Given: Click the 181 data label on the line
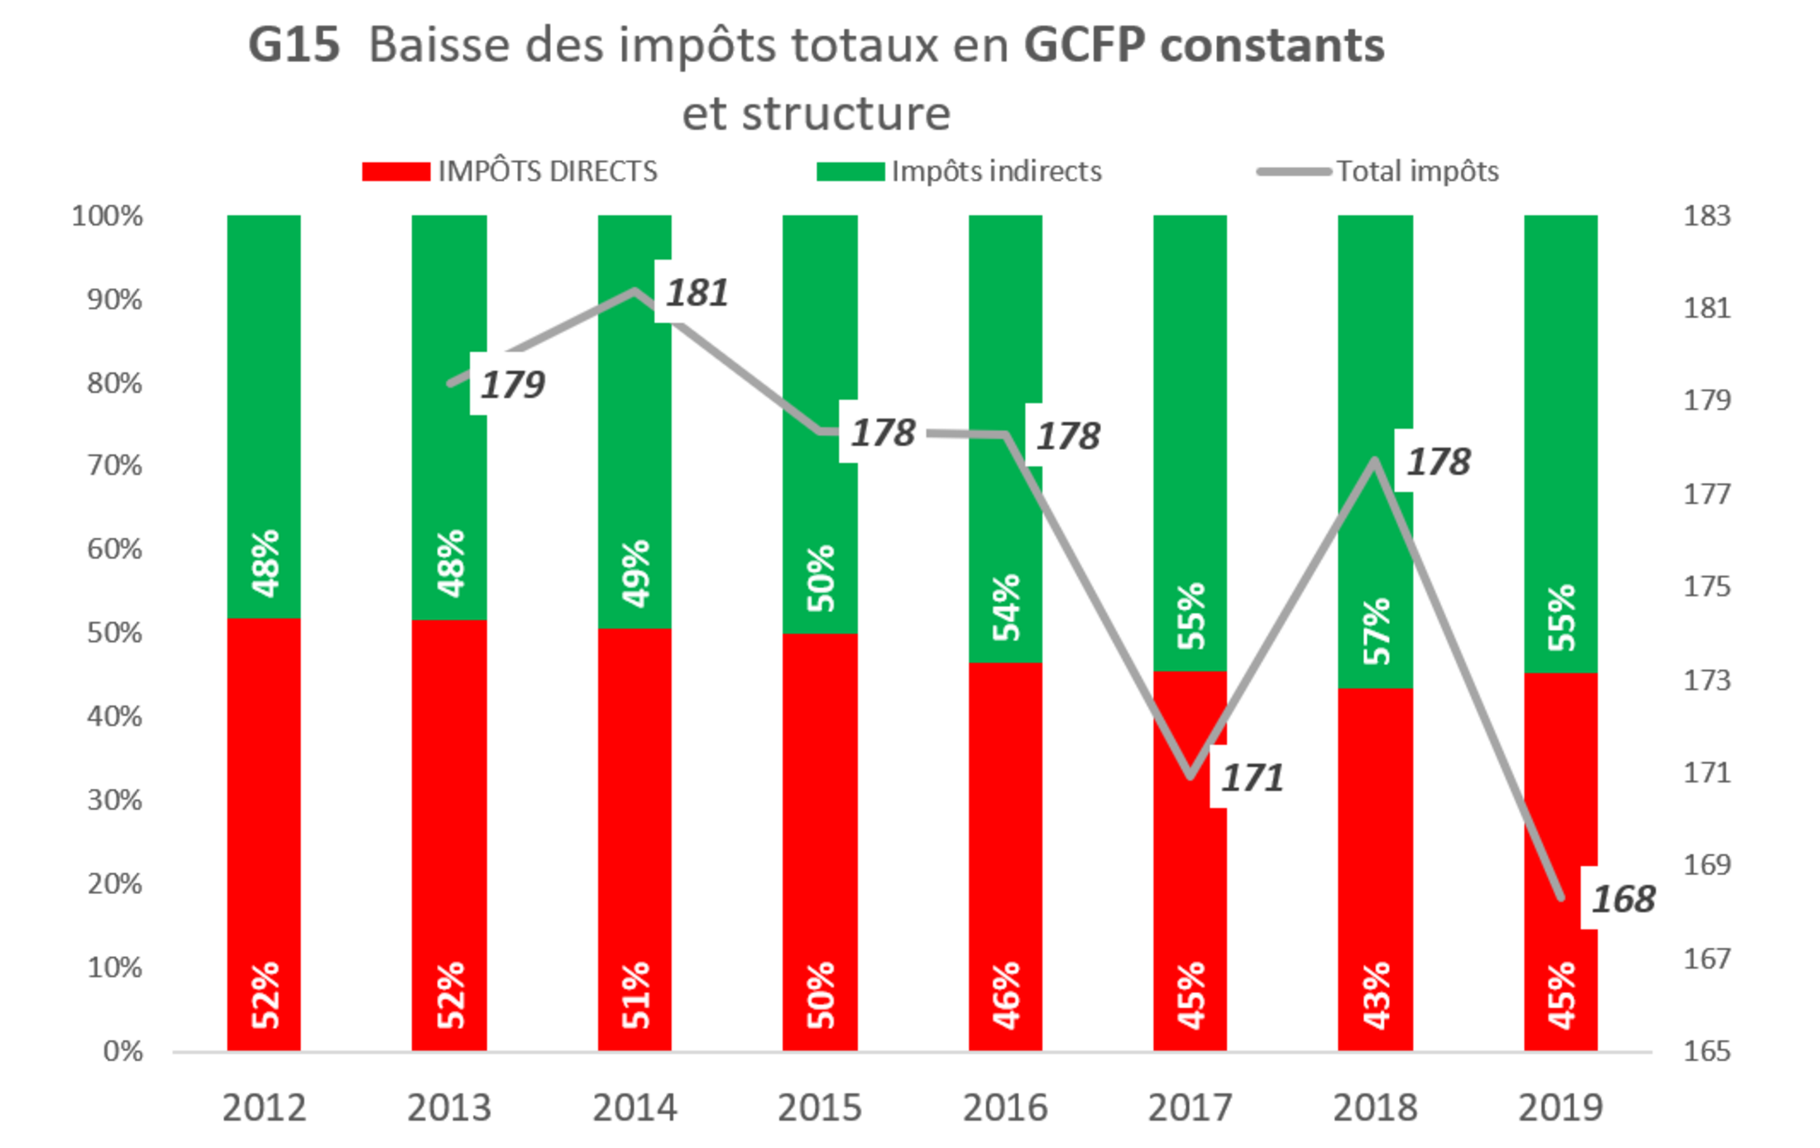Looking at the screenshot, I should (x=697, y=292).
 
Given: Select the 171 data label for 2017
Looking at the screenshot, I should (x=1252, y=777).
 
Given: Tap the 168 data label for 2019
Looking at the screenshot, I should (x=1623, y=898).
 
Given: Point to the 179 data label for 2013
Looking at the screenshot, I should (x=513, y=384).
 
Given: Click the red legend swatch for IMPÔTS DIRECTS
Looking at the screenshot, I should (x=396, y=171).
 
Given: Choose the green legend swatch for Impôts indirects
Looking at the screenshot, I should (x=850, y=171).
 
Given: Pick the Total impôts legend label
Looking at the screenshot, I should (x=1417, y=171).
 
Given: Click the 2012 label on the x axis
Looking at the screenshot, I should (x=264, y=1107).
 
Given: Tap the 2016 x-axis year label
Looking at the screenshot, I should (x=1005, y=1107).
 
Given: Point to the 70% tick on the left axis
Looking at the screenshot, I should (x=114, y=466).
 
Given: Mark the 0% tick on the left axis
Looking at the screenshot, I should (x=123, y=1051).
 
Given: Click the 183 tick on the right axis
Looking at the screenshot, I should (x=1707, y=216).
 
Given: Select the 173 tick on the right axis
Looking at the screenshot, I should (x=1707, y=681).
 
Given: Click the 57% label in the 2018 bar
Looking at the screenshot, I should (x=1377, y=631).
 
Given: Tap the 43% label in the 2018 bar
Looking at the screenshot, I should (x=1377, y=996).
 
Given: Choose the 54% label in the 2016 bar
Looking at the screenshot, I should (x=1006, y=608).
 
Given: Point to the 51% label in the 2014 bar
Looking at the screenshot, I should (x=635, y=996).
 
